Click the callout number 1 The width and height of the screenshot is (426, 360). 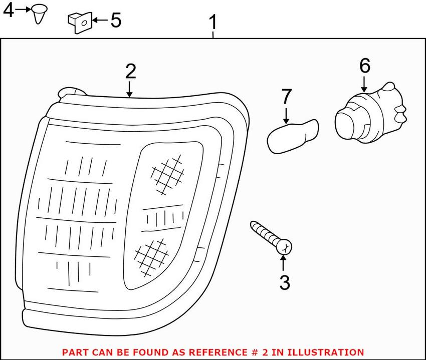[214, 22]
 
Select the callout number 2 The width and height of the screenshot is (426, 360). [130, 72]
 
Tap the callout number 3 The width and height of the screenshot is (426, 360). [285, 283]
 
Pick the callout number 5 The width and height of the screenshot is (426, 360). [115, 21]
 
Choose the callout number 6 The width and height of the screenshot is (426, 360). [364, 66]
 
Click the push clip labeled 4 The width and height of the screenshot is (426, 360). [39, 14]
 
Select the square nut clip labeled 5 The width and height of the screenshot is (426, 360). [79, 23]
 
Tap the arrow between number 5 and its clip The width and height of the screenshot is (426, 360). [100, 21]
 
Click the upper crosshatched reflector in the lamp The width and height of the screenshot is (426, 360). [166, 173]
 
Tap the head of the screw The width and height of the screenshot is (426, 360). [285, 246]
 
